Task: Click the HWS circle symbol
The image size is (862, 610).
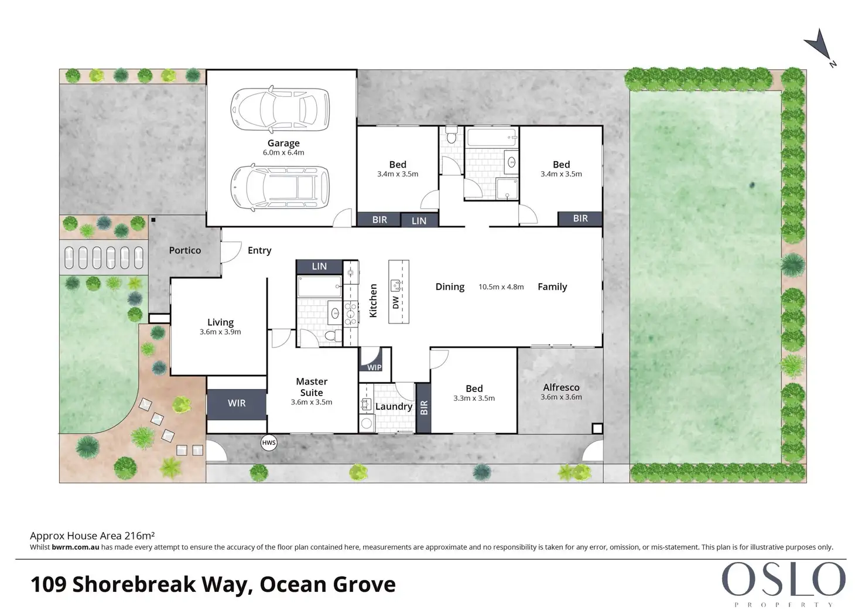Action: [269, 442]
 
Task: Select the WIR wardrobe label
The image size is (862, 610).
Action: [236, 403]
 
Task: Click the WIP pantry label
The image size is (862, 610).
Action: [374, 367]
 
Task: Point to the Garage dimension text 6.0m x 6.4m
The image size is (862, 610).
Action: [283, 152]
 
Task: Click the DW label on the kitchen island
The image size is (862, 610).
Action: [396, 302]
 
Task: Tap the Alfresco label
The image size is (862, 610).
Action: [561, 387]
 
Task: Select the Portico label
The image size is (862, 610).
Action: [185, 250]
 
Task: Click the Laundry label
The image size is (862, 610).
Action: [394, 407]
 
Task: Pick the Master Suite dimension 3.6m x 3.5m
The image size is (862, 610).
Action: [312, 402]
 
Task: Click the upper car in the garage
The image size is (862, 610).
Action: [280, 109]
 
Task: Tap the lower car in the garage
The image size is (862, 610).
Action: [280, 188]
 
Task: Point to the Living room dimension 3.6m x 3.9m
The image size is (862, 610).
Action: [220, 332]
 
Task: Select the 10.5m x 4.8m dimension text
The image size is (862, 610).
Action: [501, 287]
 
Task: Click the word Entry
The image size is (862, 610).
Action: [259, 251]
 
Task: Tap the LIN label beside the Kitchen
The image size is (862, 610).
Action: [319, 267]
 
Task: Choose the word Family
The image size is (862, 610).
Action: [552, 287]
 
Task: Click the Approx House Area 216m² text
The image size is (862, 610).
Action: [93, 536]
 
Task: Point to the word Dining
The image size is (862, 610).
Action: [450, 287]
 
